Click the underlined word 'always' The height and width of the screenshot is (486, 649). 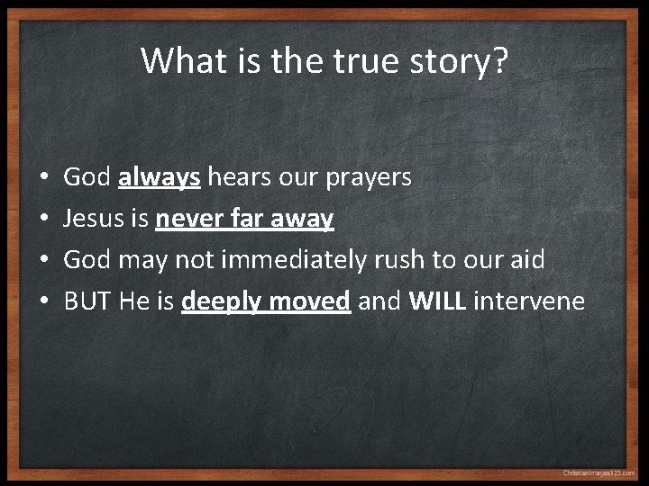point(159,178)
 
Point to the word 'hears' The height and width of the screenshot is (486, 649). point(238,177)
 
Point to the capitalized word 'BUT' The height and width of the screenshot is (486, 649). point(87,301)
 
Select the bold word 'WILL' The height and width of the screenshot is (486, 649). point(437,301)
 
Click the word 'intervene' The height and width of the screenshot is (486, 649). point(529,301)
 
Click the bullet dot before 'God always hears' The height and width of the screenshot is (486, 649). point(44,178)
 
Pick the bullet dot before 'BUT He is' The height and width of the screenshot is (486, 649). point(44,301)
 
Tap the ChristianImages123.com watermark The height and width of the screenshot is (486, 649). point(599,472)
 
